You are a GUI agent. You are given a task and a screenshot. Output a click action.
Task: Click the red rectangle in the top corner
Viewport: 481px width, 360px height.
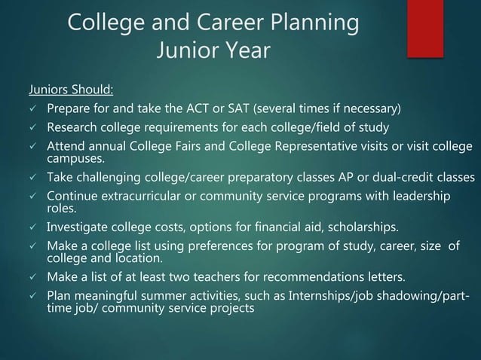coord(425,28)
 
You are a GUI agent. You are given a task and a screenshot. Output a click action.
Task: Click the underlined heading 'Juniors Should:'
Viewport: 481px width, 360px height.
coord(71,91)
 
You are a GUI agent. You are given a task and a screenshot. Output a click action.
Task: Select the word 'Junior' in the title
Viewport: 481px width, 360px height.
coord(182,51)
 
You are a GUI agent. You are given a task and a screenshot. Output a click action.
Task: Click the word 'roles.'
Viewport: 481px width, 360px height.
coord(61,209)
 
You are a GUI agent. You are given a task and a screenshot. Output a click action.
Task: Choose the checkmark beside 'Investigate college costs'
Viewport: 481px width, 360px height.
coord(32,227)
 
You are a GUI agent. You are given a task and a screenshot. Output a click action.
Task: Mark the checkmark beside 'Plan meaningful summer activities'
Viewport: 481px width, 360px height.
coord(32,295)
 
